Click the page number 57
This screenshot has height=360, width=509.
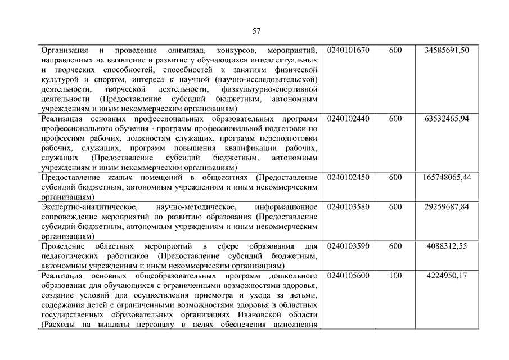point(256,30)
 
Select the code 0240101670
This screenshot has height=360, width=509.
point(348,50)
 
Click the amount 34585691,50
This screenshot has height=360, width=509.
point(447,50)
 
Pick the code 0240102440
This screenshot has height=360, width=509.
point(348,118)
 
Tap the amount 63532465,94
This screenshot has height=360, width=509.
point(447,118)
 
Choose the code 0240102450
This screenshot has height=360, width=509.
point(348,177)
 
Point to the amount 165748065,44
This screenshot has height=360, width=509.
point(447,177)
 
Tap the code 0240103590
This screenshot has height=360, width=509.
point(348,246)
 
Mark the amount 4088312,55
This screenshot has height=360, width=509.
point(447,246)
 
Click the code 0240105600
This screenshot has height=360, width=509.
point(348,276)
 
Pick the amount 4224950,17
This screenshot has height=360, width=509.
point(447,276)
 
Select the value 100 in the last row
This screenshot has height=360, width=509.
point(395,276)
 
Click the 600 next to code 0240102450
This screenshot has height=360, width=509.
point(395,177)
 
